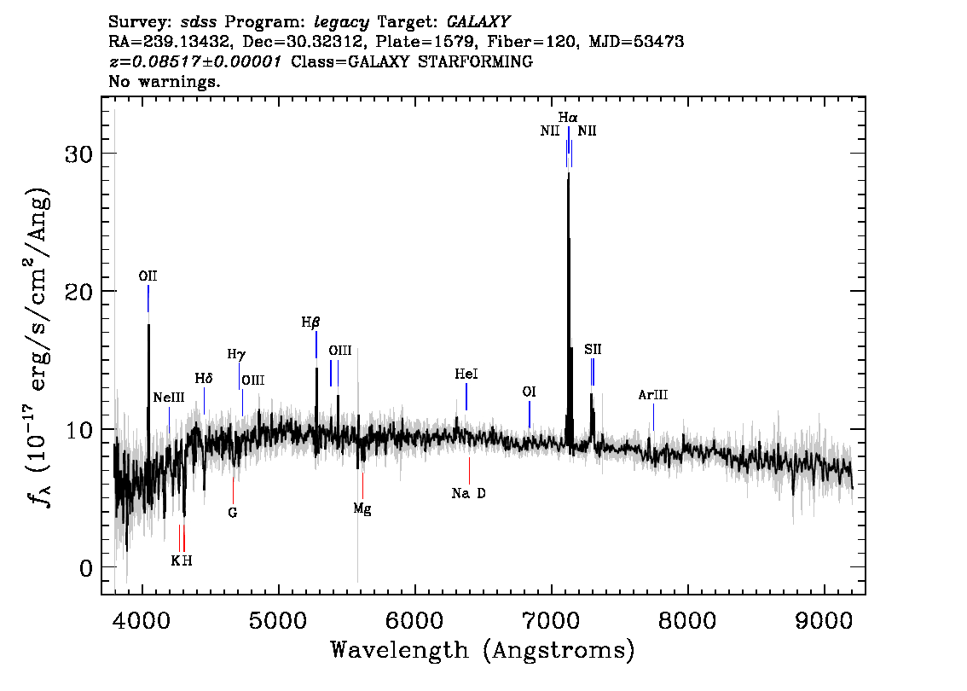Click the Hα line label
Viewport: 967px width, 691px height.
(568, 117)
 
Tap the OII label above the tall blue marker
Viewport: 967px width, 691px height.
(148, 276)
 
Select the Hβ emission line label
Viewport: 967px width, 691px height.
(310, 322)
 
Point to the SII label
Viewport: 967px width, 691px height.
(593, 349)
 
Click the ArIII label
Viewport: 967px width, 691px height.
(653, 395)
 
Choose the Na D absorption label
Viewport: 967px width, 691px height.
(469, 493)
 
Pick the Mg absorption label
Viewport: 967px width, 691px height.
(362, 509)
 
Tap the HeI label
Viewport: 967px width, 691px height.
(466, 374)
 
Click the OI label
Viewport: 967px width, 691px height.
(530, 392)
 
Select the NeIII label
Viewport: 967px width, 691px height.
(169, 398)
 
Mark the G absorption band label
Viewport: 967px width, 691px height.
(233, 513)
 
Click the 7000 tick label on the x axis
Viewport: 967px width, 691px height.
(551, 620)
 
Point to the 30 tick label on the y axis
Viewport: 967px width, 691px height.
(79, 154)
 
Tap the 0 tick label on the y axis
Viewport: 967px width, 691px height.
(86, 567)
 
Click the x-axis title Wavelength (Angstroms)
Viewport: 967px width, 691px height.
(483, 651)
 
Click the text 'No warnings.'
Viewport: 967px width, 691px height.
(165, 81)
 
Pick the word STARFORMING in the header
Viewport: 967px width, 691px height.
(476, 61)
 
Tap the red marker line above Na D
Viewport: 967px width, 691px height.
(469, 471)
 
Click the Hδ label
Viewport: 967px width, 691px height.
(204, 378)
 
